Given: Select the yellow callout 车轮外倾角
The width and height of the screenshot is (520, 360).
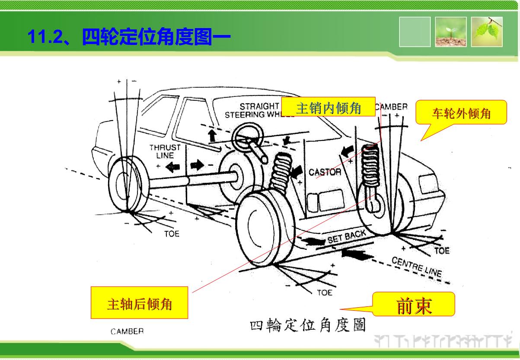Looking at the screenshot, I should (x=461, y=113).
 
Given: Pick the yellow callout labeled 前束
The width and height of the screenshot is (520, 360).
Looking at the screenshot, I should (x=414, y=305).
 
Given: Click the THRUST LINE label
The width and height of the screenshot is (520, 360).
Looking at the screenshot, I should (x=165, y=151).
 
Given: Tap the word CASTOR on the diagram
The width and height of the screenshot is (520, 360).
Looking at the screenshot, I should (x=325, y=172).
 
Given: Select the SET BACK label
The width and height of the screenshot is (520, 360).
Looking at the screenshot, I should (x=346, y=237).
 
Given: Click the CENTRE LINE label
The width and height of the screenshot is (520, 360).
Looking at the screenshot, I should (x=416, y=267).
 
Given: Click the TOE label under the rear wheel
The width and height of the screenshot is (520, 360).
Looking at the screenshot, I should (x=172, y=234).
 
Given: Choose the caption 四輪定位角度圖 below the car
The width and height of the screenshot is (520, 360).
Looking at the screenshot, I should (x=307, y=325).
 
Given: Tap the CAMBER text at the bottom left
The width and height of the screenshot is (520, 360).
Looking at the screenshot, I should (x=127, y=332).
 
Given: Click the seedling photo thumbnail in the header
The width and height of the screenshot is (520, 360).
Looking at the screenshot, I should (x=450, y=32).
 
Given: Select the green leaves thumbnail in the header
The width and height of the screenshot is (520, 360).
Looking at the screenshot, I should (x=487, y=32).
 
